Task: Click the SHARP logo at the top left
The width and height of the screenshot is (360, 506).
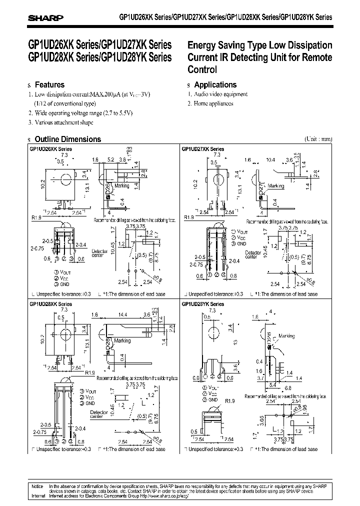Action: pyautogui.click(x=45, y=16)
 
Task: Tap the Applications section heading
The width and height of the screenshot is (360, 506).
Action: pyautogui.click(x=215, y=85)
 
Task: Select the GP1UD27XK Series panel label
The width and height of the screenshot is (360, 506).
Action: pyautogui.click(x=203, y=149)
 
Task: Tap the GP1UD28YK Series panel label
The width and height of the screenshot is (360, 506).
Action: pyautogui.click(x=203, y=304)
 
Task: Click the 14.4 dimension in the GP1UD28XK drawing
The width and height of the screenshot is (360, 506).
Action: pyautogui.click(x=123, y=314)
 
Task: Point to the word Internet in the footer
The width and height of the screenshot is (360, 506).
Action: pyautogui.click(x=38, y=496)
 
